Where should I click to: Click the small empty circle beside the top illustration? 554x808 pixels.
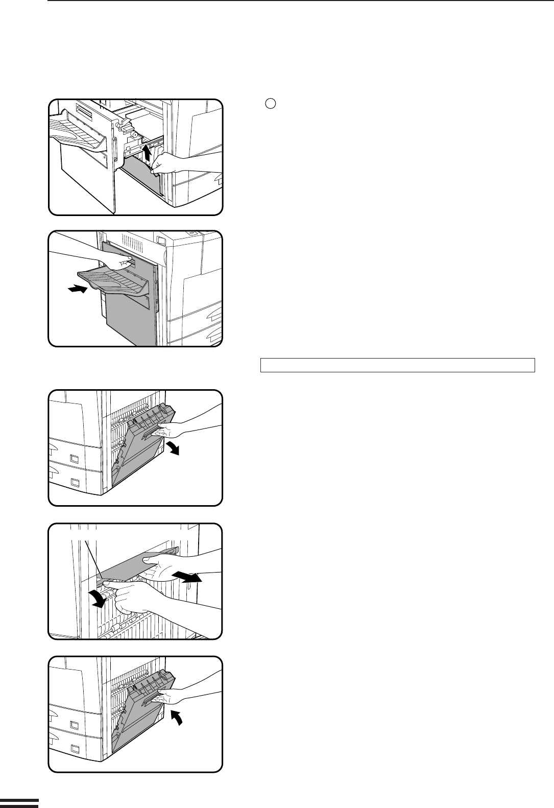[x=271, y=103]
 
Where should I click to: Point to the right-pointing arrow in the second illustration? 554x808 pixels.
[x=77, y=290]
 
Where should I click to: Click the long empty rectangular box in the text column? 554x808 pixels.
[x=397, y=366]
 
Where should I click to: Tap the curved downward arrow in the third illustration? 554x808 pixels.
[x=175, y=448]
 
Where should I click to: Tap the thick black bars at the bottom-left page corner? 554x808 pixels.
[x=19, y=803]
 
